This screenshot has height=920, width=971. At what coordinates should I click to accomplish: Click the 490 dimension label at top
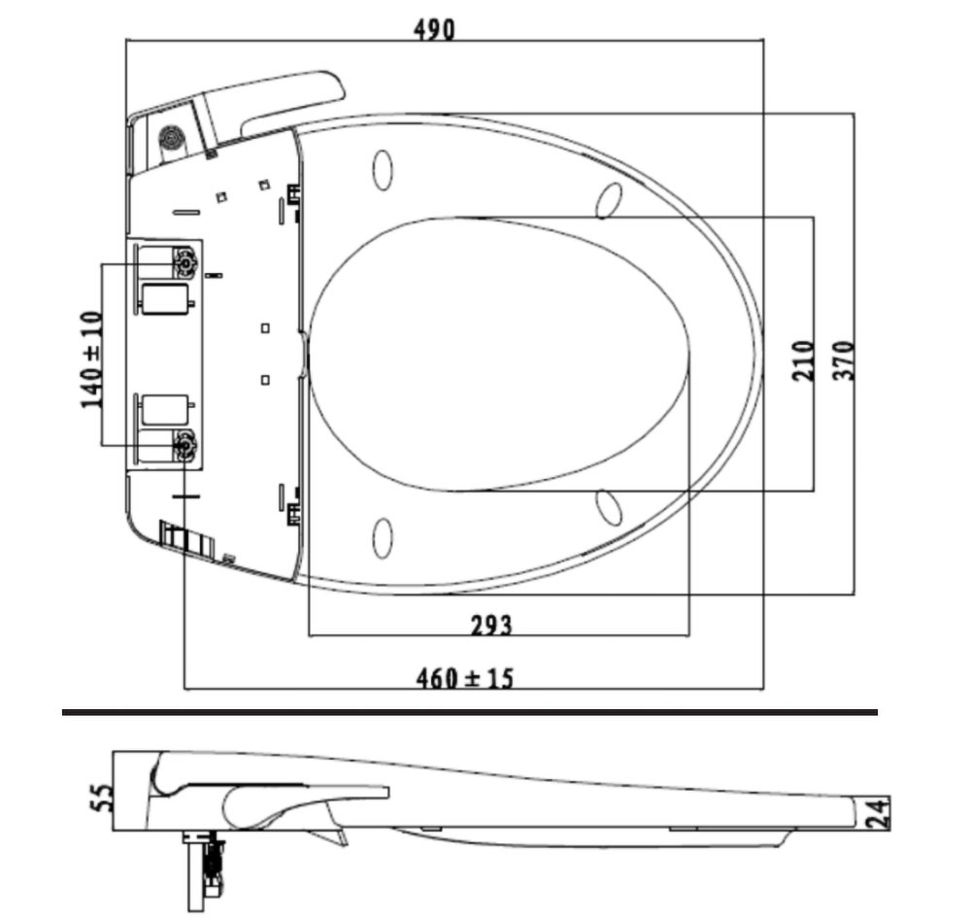pyautogui.click(x=433, y=29)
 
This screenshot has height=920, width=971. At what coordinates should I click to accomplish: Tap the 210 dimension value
pyautogui.click(x=803, y=359)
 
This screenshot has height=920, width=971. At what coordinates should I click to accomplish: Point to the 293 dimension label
pyautogui.click(x=490, y=625)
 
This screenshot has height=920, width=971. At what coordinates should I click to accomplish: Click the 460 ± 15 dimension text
pyautogui.click(x=464, y=677)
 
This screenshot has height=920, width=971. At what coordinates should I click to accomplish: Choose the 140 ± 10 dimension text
pyautogui.click(x=91, y=358)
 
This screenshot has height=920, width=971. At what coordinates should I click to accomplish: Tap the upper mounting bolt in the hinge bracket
pyautogui.click(x=184, y=261)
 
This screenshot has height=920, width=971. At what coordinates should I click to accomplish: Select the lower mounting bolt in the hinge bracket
pyautogui.click(x=184, y=446)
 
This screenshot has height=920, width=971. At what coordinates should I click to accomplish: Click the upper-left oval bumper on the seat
pyautogui.click(x=384, y=170)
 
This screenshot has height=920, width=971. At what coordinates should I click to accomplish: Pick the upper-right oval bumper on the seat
pyautogui.click(x=609, y=199)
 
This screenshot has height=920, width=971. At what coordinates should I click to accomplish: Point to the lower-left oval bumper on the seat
pyautogui.click(x=384, y=538)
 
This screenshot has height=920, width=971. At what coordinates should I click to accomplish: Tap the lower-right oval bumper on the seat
pyautogui.click(x=609, y=507)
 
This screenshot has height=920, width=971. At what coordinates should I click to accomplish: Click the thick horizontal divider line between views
pyautogui.click(x=470, y=712)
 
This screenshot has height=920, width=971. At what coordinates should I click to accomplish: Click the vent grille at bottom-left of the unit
pyautogui.click(x=185, y=539)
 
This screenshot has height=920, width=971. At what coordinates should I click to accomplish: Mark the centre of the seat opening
pyautogui.click(x=499, y=355)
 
